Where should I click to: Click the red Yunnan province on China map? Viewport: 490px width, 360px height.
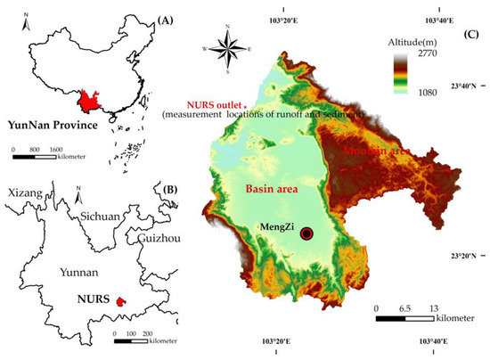[x=89, y=99]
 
